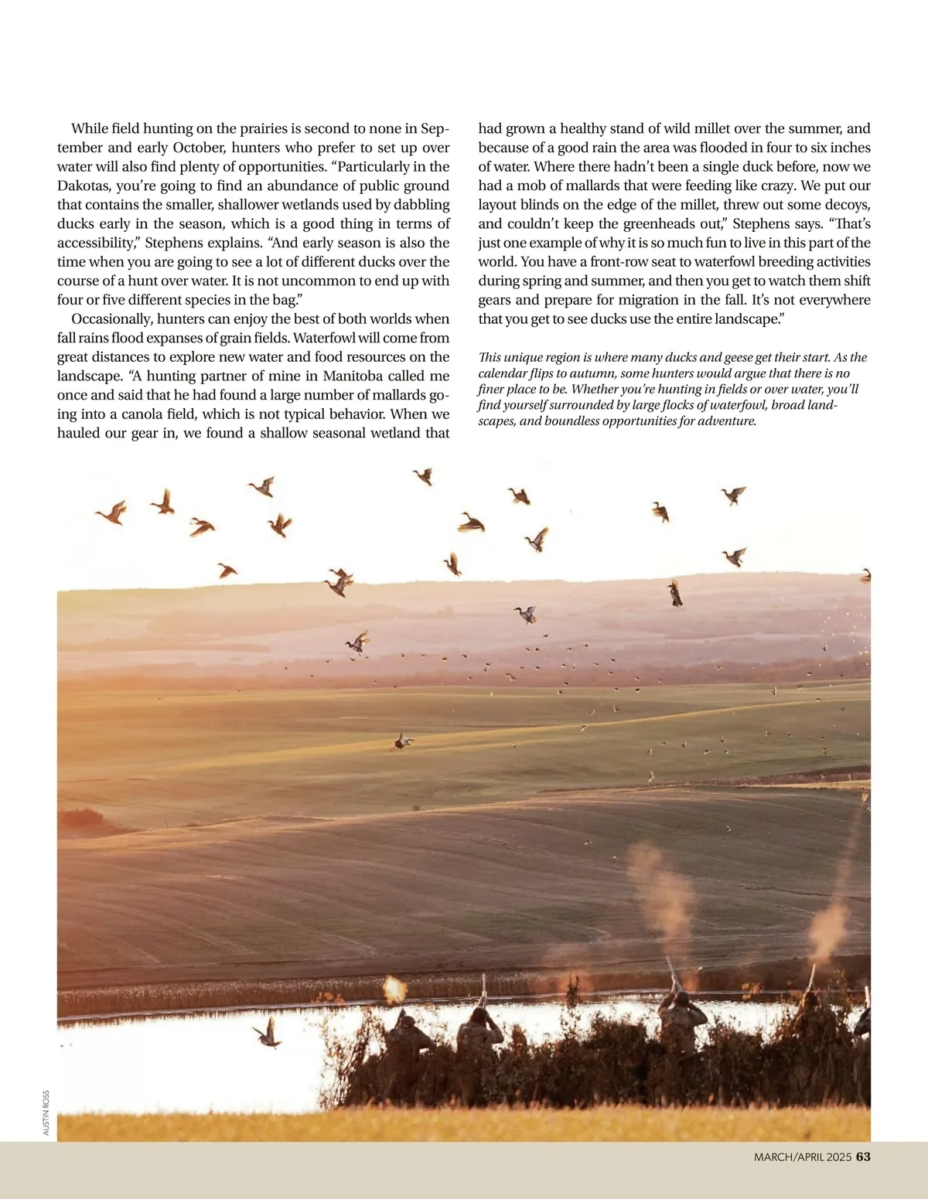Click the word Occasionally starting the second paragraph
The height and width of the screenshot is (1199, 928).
(111, 319)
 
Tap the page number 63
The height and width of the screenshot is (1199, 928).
(863, 1157)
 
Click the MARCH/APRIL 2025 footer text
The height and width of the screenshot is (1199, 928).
(803, 1157)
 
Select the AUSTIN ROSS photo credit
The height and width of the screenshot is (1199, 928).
(46, 1112)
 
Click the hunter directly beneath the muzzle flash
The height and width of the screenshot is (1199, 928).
(405, 1032)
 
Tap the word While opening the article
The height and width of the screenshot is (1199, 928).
(90, 129)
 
